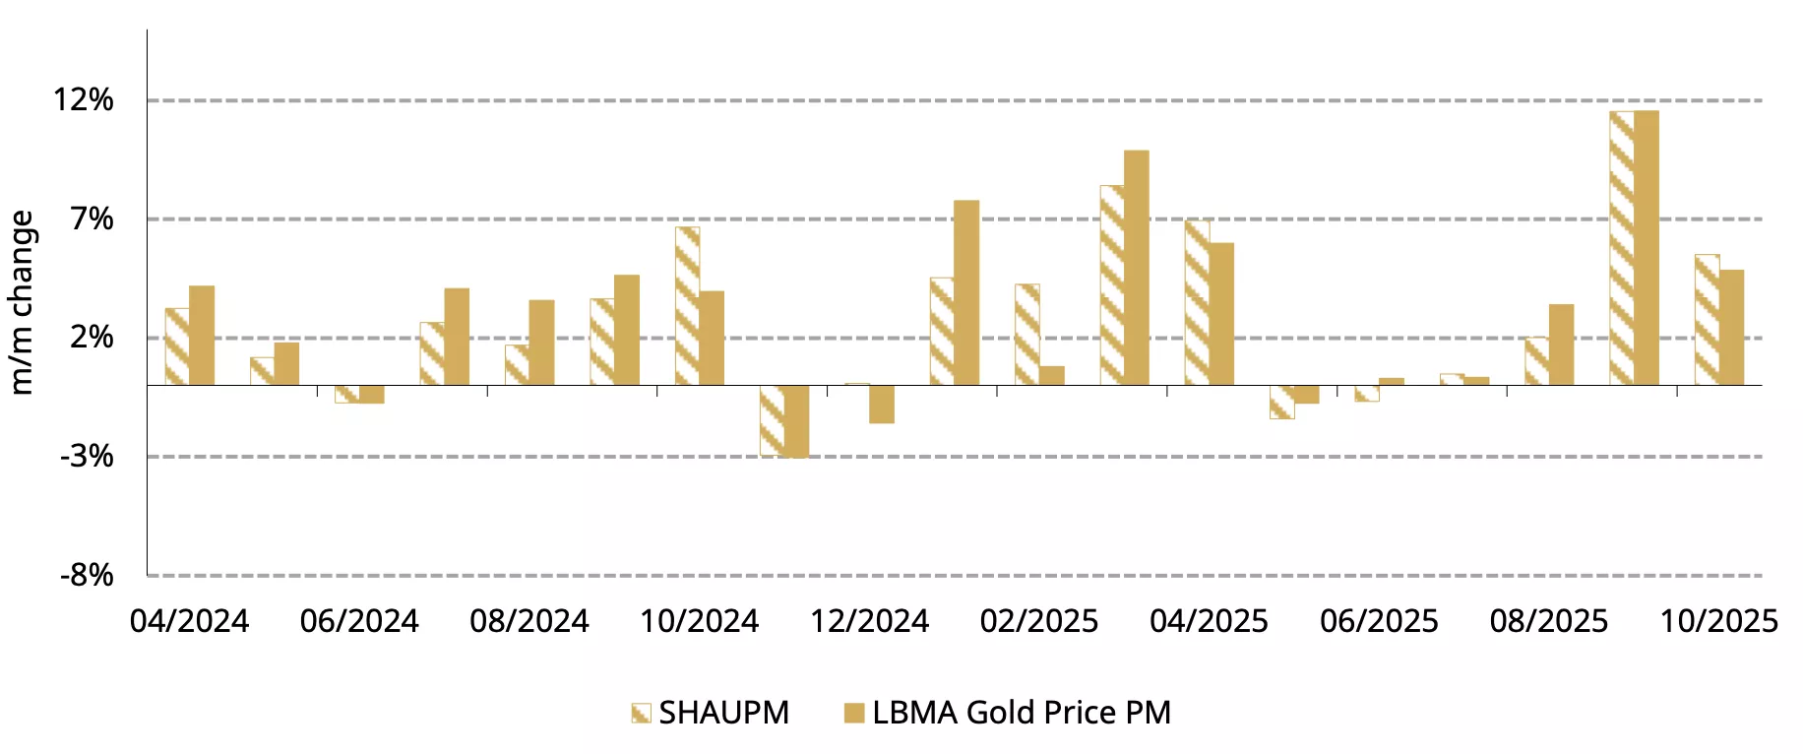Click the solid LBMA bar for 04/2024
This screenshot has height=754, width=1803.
202,335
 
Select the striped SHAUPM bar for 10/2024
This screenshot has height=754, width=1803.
687,305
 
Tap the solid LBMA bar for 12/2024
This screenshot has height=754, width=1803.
882,404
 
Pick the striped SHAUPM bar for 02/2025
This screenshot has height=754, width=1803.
1026,334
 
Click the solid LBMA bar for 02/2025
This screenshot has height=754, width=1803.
1052,375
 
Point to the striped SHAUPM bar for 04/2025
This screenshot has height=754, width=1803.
1197,302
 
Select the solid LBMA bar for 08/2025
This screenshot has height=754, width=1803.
1561,345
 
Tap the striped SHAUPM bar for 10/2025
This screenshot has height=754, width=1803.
1707,319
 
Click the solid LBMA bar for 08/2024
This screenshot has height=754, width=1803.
541,342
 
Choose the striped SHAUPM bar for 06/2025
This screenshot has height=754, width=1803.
1366,393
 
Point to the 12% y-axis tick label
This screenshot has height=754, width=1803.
84,99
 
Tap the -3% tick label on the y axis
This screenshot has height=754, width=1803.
87,457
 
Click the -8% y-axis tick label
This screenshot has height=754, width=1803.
87,575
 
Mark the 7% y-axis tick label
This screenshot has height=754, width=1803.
92,219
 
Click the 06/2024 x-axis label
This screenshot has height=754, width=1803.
359,621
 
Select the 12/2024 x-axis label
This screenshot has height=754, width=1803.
869,621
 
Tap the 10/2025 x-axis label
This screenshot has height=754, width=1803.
1718,621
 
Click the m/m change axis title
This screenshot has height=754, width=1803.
22,302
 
